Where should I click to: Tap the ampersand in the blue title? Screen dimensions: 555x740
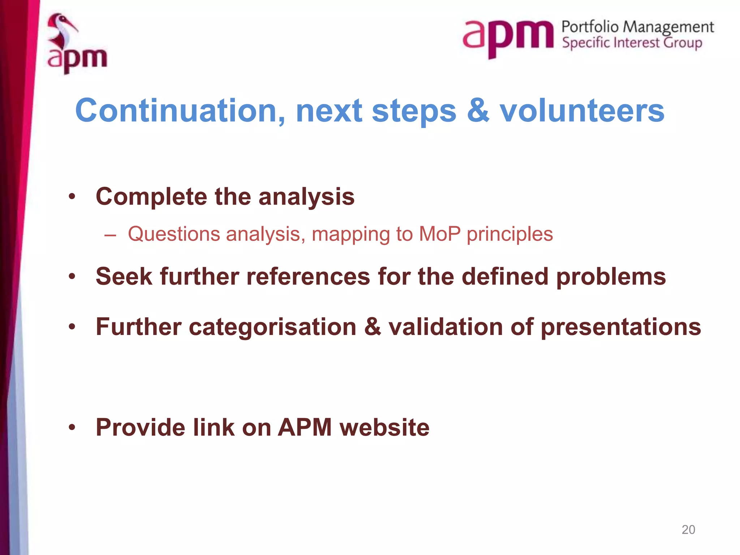pos(478,111)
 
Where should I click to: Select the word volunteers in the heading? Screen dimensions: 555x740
pos(582,111)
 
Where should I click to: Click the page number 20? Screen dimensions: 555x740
pos(688,530)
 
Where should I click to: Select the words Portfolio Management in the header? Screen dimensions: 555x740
pos(637,27)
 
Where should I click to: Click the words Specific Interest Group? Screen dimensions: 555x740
pos(632,43)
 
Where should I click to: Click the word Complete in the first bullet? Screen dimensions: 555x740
pos(151,197)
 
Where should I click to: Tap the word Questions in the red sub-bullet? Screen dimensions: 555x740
pos(174,234)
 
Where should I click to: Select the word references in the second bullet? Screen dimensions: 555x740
pos(308,277)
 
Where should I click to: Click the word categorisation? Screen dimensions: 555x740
pos(272,327)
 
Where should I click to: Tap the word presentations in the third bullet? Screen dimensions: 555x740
pos(620,327)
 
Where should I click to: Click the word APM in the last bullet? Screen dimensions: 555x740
pos(304,428)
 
